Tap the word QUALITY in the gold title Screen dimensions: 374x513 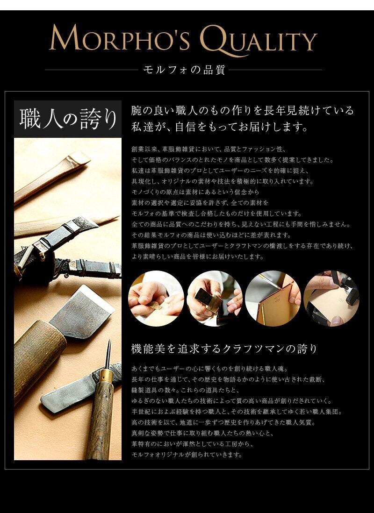tap(259, 40)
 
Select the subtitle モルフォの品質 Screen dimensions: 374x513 tap(184, 70)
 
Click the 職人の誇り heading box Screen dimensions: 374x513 tap(68, 119)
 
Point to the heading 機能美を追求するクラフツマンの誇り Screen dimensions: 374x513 tap(224, 349)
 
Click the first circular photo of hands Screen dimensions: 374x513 tap(156, 299)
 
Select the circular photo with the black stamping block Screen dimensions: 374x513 tap(215, 299)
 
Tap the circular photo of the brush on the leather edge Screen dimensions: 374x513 tap(273, 299)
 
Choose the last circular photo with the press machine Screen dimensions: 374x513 tap(331, 299)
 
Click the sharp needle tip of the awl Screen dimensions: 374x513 tap(109, 341)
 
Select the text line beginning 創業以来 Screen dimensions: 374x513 tap(209, 150)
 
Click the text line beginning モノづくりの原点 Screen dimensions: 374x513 tap(195, 192)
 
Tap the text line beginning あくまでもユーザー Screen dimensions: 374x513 tap(209, 369)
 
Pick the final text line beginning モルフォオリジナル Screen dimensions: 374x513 tap(187, 455)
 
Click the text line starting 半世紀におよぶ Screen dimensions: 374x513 tap(237, 412)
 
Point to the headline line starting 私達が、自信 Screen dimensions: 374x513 tap(220, 127)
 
